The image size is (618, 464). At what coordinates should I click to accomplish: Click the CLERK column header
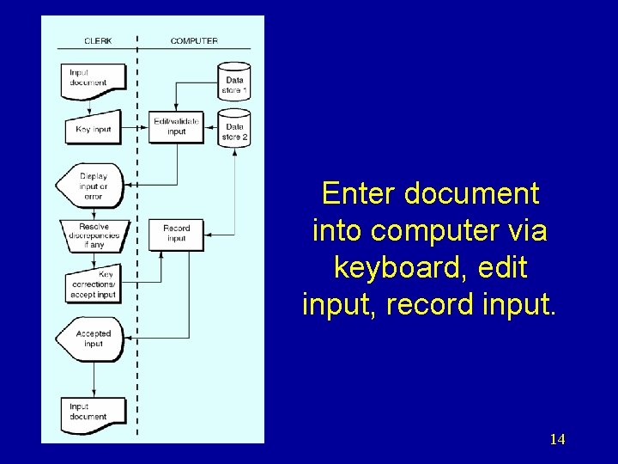click(98, 40)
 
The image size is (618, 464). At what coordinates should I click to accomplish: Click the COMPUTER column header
click(193, 40)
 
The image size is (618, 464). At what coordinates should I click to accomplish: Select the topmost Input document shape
click(93, 77)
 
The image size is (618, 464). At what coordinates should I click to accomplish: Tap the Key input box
click(93, 129)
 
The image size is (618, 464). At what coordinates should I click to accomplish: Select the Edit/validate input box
click(176, 126)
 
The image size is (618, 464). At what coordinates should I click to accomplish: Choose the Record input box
click(176, 233)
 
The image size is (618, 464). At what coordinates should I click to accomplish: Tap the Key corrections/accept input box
click(93, 284)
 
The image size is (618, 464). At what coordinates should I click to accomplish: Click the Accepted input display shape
click(91, 338)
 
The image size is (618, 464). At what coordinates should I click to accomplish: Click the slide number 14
click(557, 439)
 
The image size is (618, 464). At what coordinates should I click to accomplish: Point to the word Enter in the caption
click(360, 193)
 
